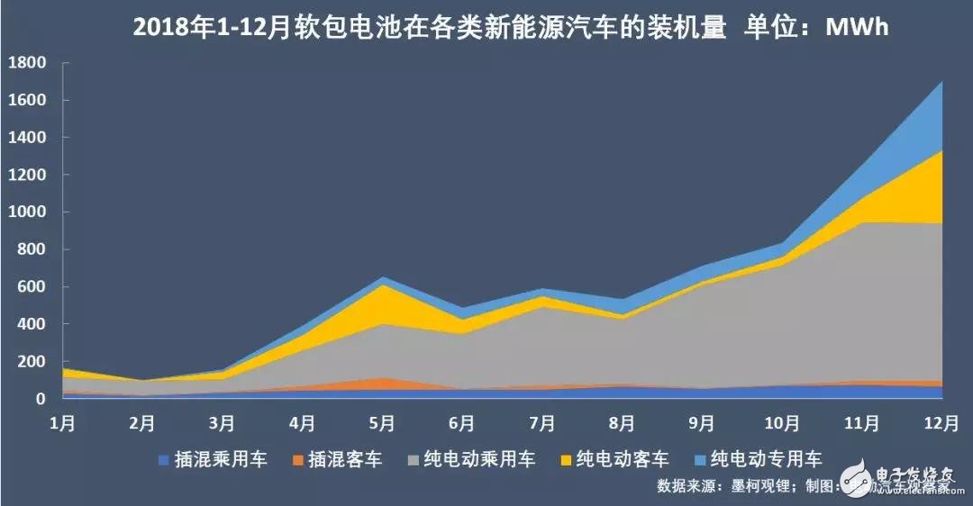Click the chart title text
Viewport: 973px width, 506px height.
[511, 28]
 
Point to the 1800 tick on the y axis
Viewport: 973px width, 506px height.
[27, 63]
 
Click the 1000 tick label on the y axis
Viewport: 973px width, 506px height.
[27, 212]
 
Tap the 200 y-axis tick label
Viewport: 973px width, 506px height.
[32, 361]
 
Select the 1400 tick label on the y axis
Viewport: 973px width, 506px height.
[27, 138]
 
